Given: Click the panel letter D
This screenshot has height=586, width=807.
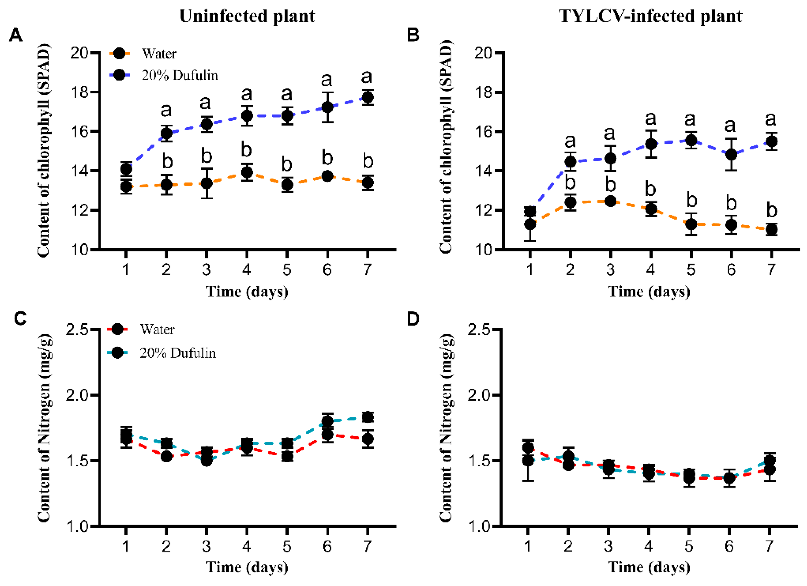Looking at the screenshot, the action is [x=413, y=319].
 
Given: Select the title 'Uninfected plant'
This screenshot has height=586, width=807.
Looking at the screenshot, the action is [x=247, y=16].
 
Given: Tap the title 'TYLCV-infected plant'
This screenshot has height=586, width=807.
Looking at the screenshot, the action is [x=651, y=16].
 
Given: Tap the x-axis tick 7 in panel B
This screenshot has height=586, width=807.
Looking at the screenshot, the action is [x=771, y=270].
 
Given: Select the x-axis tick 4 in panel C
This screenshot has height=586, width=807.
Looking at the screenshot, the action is [x=247, y=546].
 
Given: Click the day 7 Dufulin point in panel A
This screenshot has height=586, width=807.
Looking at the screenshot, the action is [x=367, y=97].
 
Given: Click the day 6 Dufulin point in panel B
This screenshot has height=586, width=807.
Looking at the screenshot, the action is [x=731, y=154].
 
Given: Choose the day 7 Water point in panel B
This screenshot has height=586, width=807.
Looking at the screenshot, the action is [x=771, y=230].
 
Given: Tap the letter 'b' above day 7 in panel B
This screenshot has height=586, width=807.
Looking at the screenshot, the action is [x=771, y=210].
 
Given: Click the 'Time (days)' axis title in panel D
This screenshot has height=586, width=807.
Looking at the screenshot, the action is [x=649, y=567].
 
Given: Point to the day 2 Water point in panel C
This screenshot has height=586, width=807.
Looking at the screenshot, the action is [x=166, y=457].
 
